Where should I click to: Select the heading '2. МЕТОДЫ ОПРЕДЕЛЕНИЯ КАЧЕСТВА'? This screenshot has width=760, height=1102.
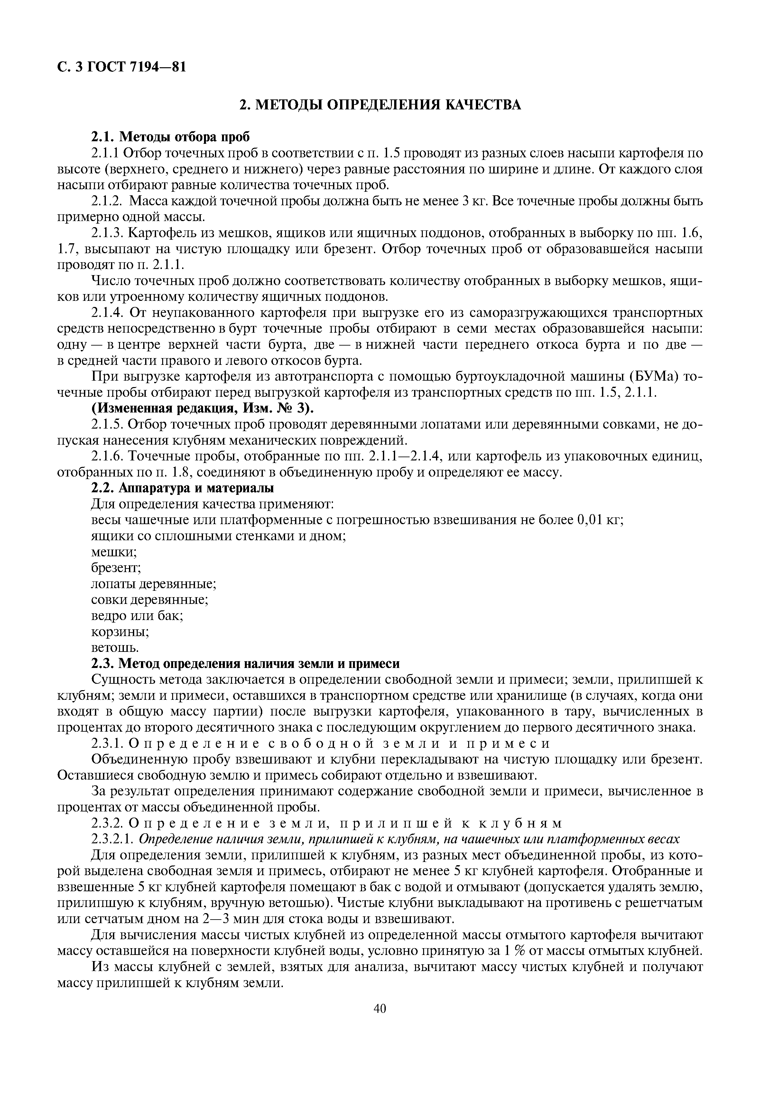(x=380, y=105)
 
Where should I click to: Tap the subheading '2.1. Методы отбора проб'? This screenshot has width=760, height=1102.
(x=170, y=137)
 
